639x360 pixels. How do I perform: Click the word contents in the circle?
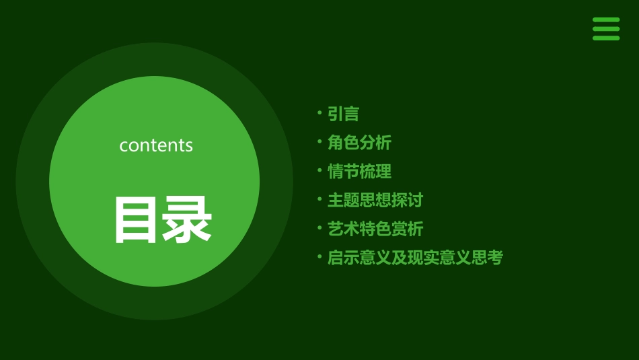point(156,145)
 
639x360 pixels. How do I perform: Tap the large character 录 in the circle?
point(188,220)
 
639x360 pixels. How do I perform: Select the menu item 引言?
point(343,114)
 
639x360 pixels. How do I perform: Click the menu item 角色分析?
point(359,143)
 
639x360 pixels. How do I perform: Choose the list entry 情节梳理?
point(359,172)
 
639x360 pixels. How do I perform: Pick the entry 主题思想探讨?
point(375,201)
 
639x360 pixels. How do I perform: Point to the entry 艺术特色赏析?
point(375,229)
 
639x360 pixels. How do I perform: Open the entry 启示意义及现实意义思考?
point(415,258)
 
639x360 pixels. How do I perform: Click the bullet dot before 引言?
point(319,112)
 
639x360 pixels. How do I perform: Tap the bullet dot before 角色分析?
point(319,141)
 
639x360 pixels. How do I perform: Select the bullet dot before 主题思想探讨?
point(319,199)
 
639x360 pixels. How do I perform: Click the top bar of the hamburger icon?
point(606,20)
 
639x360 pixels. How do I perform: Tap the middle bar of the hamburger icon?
point(606,29)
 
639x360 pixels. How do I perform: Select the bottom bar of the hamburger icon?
point(606,38)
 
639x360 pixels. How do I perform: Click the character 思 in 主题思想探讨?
point(367,201)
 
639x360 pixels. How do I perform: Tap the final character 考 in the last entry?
point(495,258)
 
